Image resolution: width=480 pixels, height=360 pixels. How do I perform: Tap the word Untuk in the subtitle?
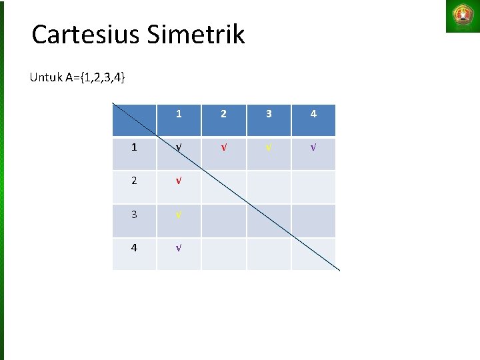pyautogui.click(x=45, y=77)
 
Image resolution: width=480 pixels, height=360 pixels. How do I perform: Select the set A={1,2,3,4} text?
pyautogui.click(x=94, y=77)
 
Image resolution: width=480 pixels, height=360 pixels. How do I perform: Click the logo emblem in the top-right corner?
pyautogui.click(x=462, y=16)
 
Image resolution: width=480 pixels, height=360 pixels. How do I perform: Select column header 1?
pyautogui.click(x=179, y=114)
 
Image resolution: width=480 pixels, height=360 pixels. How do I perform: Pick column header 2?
pyautogui.click(x=223, y=114)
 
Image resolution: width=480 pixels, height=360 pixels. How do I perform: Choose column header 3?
pyautogui.click(x=269, y=114)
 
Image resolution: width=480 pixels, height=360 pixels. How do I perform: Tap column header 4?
pyautogui.click(x=313, y=114)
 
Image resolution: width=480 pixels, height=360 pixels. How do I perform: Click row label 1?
pyautogui.click(x=134, y=147)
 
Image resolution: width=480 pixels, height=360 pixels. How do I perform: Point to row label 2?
pyautogui.click(x=134, y=181)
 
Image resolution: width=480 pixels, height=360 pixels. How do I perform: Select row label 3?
pyautogui.click(x=134, y=214)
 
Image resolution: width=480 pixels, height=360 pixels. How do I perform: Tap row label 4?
pyautogui.click(x=134, y=247)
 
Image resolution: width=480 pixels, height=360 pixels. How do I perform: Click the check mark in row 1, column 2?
pyautogui.click(x=223, y=147)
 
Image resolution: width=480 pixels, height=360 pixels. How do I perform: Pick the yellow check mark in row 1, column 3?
pyautogui.click(x=269, y=147)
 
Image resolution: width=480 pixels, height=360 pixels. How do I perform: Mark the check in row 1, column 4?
pyautogui.click(x=313, y=147)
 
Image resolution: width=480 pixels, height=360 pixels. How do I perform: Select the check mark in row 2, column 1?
pyautogui.click(x=178, y=181)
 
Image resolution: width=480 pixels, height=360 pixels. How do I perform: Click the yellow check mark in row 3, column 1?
pyautogui.click(x=178, y=214)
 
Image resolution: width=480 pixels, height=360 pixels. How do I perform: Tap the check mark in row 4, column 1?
pyautogui.click(x=178, y=247)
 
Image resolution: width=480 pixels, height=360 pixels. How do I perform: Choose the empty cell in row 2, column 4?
pyautogui.click(x=313, y=187)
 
